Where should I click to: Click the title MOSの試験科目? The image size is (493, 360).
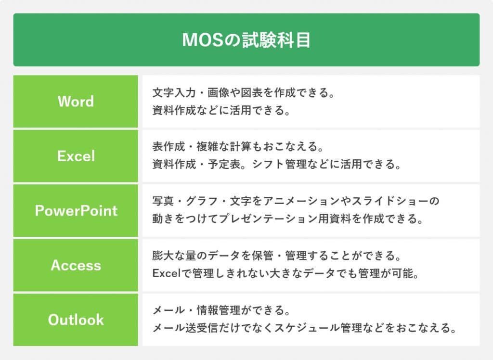246,40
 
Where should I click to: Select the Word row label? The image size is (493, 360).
76,101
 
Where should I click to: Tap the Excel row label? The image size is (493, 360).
76,156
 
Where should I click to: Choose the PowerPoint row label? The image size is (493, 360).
76,210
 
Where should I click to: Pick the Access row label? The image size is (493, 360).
76,265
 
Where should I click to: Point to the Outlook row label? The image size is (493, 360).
76,320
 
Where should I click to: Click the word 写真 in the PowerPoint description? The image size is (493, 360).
163,201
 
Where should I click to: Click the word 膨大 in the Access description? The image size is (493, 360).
163,256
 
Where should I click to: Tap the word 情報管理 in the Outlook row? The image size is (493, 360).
219,310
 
